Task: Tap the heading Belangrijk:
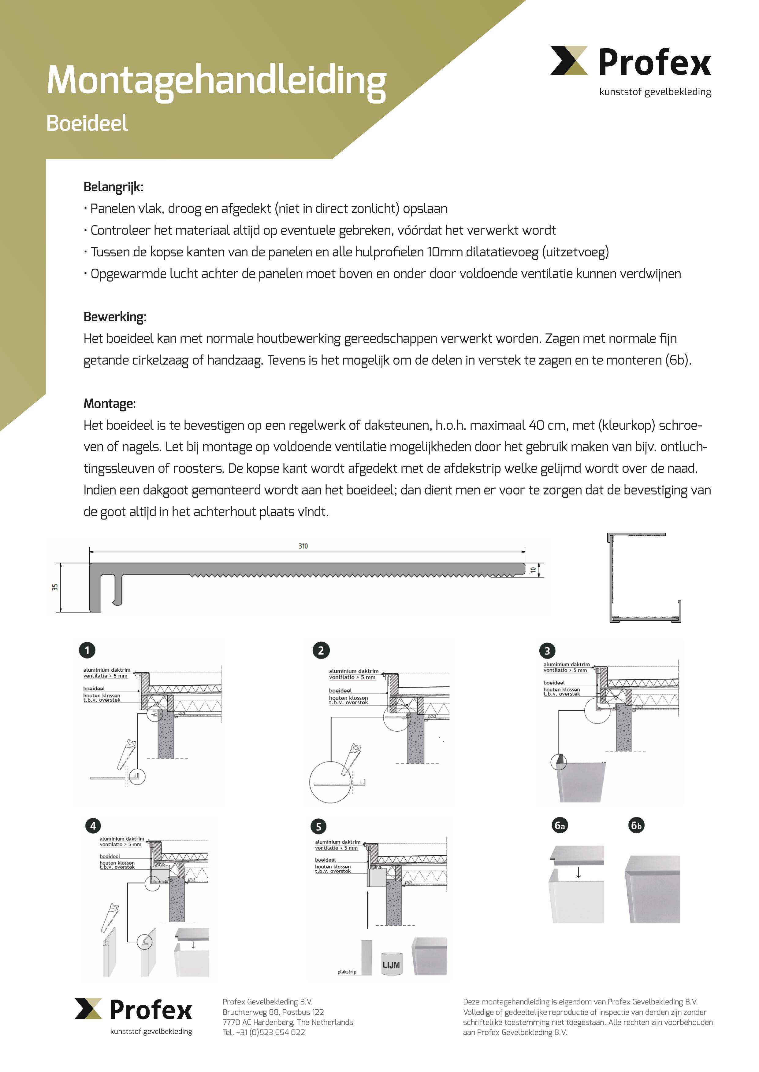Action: click(x=113, y=187)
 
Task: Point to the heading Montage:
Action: click(x=109, y=404)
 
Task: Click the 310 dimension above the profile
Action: click(x=303, y=546)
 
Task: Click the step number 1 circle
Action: click(x=87, y=650)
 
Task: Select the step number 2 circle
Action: click(x=321, y=650)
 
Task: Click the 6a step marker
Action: click(x=560, y=825)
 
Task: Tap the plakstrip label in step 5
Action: click(x=347, y=972)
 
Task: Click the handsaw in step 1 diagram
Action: click(x=126, y=754)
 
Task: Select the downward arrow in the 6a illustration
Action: click(x=579, y=873)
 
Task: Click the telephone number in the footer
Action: click(x=264, y=1032)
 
